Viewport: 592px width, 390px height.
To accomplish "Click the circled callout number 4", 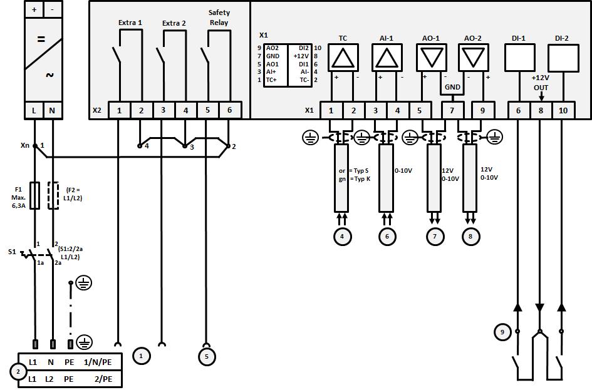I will tap(342, 236).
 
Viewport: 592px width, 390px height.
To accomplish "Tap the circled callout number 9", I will tap(502, 332).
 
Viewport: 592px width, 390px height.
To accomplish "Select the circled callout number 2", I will tap(18, 371).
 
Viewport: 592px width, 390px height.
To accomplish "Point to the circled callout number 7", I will tap(435, 236).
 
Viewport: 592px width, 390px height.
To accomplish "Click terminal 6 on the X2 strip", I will tap(229, 110).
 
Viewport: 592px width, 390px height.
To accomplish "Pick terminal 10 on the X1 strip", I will tap(563, 110).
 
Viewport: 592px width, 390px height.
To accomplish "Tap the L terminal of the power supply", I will tap(34, 111).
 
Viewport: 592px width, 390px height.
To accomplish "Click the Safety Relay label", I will tap(219, 18).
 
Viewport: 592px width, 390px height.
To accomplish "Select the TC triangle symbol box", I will tap(343, 59).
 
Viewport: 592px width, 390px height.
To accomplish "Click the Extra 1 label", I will tap(130, 23).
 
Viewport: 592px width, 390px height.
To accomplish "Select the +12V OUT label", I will tap(540, 83).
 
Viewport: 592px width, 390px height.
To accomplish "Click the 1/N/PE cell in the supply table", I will tap(98, 362).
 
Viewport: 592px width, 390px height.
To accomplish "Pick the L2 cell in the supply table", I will tap(51, 379).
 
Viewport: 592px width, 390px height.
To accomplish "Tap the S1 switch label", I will tap(12, 252).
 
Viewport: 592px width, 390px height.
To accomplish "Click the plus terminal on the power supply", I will tap(34, 9).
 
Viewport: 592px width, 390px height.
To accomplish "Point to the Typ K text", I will tap(359, 179).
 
